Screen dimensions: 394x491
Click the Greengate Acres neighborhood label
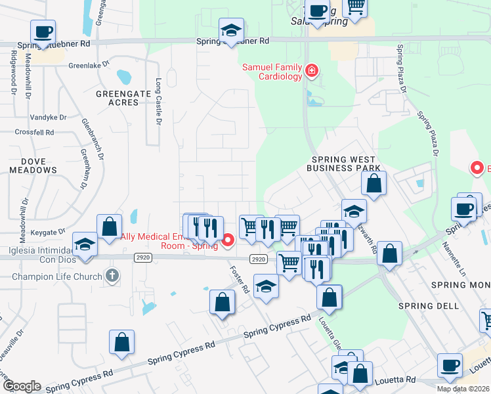click(123, 98)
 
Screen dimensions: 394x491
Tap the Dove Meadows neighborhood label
click(33, 164)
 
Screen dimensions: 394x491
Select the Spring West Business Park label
click(343, 164)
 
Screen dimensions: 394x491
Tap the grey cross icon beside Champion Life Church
click(113, 276)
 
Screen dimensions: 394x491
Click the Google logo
click(21, 386)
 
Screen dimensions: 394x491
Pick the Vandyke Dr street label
click(48, 118)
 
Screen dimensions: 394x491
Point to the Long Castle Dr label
click(158, 102)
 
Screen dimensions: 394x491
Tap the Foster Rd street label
click(240, 280)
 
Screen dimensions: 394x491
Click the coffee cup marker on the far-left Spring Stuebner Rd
click(43, 32)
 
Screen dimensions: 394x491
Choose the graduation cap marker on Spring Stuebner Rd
click(230, 30)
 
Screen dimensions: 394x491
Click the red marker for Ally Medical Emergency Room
click(228, 240)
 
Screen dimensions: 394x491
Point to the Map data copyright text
click(463, 389)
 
